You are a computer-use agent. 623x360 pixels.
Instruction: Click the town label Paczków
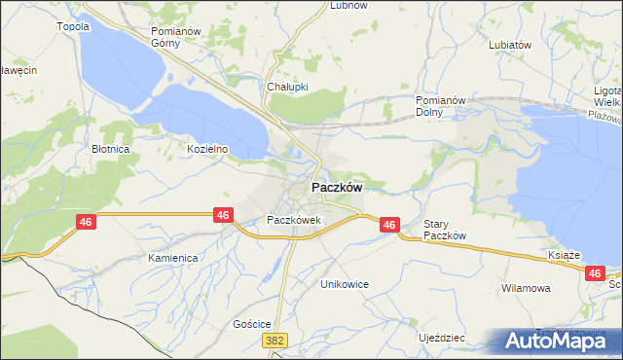338,188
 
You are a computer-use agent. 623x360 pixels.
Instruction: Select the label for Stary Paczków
447,230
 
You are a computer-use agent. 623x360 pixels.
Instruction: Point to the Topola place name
74,26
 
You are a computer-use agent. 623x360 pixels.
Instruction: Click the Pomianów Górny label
175,37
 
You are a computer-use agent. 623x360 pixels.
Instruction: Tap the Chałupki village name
287,86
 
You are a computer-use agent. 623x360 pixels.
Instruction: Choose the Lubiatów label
510,45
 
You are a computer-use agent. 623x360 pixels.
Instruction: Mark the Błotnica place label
111,150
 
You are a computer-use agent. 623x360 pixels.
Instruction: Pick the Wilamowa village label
526,288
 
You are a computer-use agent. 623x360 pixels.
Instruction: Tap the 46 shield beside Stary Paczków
388,225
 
